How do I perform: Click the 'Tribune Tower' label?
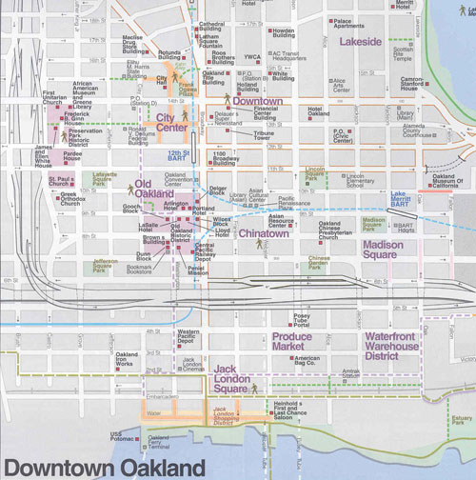click(268, 137)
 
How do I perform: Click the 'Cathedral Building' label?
click(210, 27)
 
